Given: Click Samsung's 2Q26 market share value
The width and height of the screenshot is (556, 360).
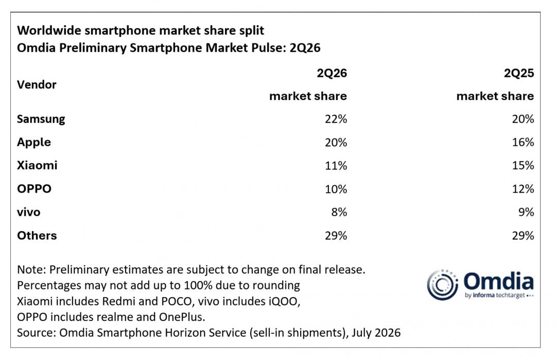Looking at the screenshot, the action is click(336, 119).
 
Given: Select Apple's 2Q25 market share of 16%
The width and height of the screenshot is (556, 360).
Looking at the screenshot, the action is click(523, 142).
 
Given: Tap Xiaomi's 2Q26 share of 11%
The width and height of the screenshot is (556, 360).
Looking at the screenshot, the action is click(336, 166).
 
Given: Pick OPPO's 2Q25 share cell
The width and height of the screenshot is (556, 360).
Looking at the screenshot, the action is click(523, 188).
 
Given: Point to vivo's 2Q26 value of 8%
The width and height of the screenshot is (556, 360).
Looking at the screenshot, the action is click(339, 212).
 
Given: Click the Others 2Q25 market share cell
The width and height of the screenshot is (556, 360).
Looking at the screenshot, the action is click(523, 235).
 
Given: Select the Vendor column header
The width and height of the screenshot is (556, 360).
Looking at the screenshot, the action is click(37, 85).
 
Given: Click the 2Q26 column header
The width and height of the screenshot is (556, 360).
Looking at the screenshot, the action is click(332, 73).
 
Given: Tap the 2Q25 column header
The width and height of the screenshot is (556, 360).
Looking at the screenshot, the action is click(519, 73).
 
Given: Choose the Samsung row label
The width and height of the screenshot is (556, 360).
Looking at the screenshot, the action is click(41, 119).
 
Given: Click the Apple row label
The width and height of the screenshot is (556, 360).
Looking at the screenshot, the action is click(34, 143).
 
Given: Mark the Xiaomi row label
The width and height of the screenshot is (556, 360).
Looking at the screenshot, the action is click(37, 165).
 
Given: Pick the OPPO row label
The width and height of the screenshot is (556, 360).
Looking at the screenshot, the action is click(34, 188).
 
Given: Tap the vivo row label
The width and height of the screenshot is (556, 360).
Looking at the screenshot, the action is click(29, 212).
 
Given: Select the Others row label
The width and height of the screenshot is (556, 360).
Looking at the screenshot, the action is click(37, 235).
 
